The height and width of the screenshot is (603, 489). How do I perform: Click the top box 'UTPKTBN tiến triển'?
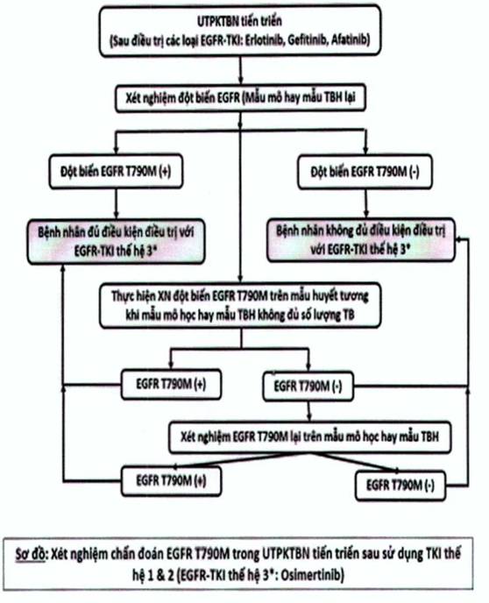240,31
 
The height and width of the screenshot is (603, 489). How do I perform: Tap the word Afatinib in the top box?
349,40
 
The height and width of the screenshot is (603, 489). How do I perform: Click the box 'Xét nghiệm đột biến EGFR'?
240,97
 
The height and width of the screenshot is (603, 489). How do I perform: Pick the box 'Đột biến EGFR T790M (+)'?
116,171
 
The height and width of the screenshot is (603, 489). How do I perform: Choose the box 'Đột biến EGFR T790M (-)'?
365,172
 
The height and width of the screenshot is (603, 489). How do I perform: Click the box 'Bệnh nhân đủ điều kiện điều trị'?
116,242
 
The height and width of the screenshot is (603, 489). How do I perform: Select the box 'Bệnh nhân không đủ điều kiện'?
361,240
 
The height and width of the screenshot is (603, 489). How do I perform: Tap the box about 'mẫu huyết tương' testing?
240,306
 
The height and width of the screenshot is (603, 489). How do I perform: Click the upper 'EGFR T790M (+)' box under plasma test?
171,384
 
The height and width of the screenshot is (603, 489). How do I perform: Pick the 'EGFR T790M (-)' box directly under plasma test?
308,387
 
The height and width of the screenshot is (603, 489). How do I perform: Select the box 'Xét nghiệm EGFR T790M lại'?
309,437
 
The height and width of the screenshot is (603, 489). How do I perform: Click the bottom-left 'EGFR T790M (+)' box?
171,480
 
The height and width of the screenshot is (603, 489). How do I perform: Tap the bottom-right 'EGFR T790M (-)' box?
400,486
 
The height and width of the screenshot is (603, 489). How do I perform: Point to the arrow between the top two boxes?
241,70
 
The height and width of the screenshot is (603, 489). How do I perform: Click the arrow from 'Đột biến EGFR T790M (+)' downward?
116,204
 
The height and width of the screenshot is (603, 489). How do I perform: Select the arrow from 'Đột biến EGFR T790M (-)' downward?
366,203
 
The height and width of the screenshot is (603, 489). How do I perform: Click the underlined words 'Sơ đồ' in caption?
31,554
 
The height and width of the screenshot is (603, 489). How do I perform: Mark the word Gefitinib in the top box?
307,40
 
